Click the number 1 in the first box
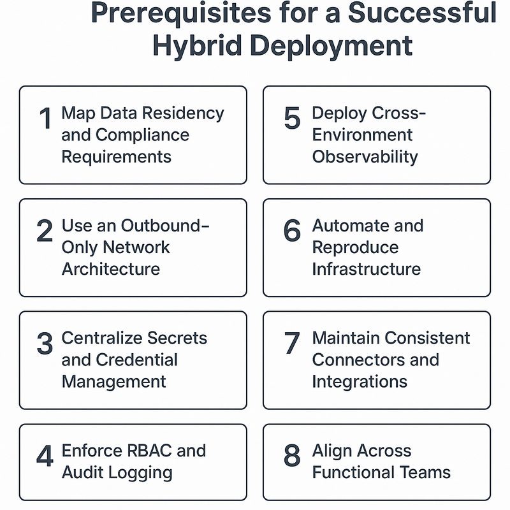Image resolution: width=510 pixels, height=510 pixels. (x=45, y=118)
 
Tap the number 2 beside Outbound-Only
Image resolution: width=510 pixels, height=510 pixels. (x=45, y=231)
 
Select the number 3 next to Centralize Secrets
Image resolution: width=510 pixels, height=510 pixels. (x=45, y=343)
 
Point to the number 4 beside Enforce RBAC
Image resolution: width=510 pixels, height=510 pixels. (x=45, y=456)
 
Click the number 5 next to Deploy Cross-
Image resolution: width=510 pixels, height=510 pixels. (x=292, y=118)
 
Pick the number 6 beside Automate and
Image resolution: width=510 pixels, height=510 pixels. (x=292, y=231)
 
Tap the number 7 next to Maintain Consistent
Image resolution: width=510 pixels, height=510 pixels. (x=292, y=343)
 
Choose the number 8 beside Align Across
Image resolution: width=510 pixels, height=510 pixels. (x=292, y=456)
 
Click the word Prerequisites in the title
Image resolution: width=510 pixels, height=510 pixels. (x=181, y=13)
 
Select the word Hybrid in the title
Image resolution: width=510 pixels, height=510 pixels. (x=198, y=45)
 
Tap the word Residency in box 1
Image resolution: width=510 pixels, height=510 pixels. (x=183, y=113)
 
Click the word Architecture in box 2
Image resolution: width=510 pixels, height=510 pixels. (x=111, y=269)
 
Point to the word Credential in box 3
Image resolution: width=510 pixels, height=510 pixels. (x=136, y=360)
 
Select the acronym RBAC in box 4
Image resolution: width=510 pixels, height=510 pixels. (x=149, y=451)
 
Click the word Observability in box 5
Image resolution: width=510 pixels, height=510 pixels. (x=365, y=157)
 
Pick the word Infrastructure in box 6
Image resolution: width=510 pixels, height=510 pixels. (x=366, y=269)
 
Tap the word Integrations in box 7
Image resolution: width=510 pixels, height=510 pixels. (x=360, y=382)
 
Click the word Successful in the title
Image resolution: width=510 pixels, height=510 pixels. (x=422, y=13)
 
